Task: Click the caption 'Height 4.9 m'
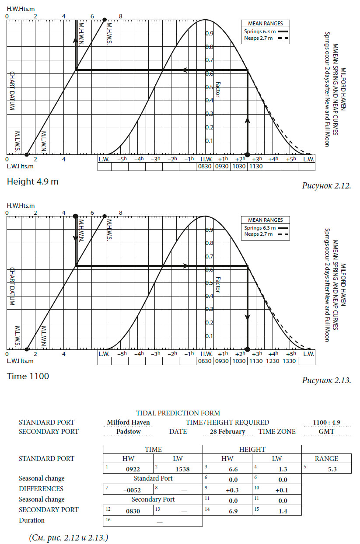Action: pos(32,181)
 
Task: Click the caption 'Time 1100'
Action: pos(28,376)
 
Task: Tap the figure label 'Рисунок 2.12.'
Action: pos(327,185)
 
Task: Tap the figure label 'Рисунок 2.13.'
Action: pos(327,380)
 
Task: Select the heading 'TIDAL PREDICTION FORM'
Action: pos(178,413)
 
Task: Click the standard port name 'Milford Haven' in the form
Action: pos(129,422)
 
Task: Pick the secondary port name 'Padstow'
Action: pos(128,432)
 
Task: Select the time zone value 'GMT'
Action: pos(326,432)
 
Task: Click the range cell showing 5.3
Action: pos(327,469)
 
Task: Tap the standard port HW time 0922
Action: pos(133,469)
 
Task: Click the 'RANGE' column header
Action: pos(327,459)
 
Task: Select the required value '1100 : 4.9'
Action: pos(327,422)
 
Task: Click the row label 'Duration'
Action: pos(31,520)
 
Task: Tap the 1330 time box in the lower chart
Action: pos(290,361)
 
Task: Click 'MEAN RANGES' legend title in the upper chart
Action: pos(266,24)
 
